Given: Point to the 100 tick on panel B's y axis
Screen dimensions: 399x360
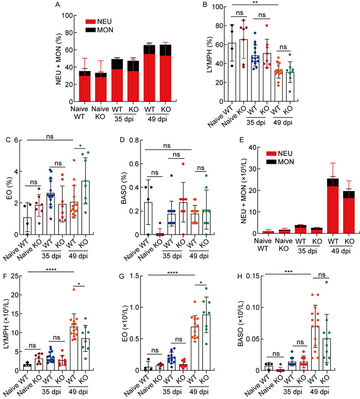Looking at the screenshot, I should pos(218,7).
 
